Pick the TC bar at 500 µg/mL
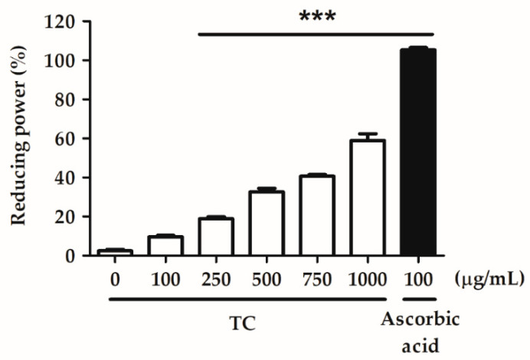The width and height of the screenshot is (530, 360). click(x=267, y=223)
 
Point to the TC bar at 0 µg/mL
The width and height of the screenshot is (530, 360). click(x=116, y=252)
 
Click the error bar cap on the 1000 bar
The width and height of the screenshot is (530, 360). click(x=367, y=134)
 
